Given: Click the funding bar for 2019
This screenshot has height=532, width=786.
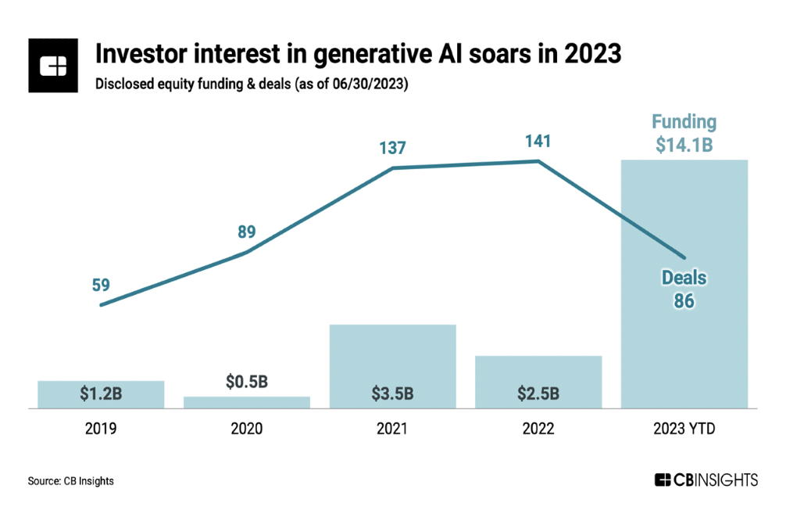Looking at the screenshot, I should (101, 394).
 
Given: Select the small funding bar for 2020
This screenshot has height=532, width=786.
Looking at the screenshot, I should (247, 402).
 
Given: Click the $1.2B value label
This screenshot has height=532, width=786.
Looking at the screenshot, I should (101, 394).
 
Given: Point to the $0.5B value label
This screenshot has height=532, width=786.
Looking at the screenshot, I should (247, 382).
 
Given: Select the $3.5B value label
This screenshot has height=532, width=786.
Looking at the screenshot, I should (392, 394).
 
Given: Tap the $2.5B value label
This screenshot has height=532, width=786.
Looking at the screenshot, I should (538, 394).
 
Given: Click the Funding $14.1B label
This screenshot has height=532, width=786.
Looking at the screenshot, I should (684, 133).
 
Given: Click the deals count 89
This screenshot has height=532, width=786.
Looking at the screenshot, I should (246, 232).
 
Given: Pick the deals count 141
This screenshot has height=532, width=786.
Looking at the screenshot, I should (538, 142).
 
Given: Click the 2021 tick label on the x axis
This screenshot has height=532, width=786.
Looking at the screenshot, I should (392, 429).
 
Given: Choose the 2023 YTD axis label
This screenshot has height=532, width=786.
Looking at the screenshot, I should (684, 429).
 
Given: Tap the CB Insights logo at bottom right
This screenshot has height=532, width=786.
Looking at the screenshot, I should (706, 480).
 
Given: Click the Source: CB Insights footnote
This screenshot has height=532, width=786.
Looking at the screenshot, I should (71, 481).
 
